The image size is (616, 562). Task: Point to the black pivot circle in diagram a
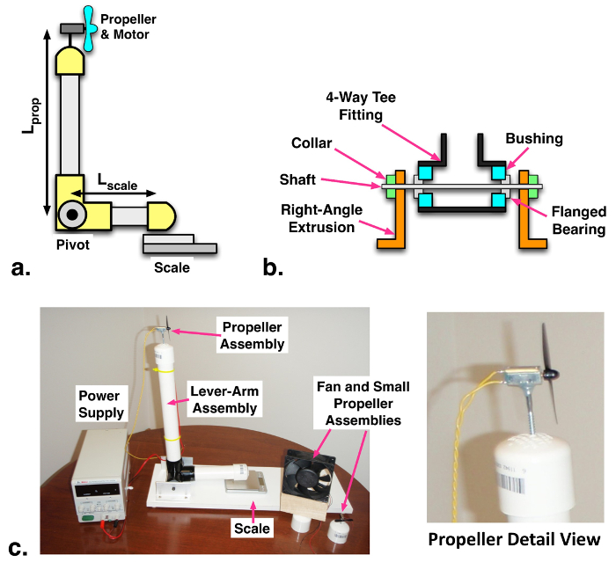72,214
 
